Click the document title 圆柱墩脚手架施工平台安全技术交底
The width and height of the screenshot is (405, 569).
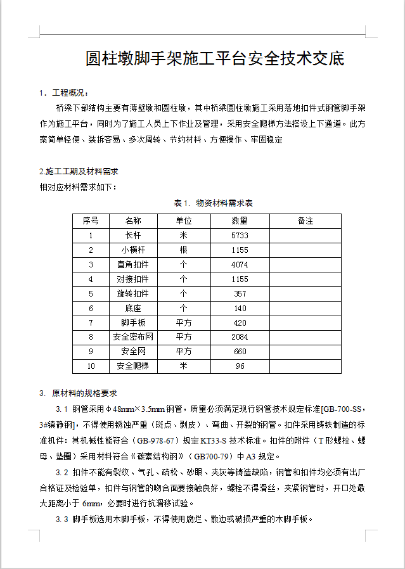215,59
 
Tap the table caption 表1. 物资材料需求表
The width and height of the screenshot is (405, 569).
214,203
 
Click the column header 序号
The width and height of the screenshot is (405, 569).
91,221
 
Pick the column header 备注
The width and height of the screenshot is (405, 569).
305,221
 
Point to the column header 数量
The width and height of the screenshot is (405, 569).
240,221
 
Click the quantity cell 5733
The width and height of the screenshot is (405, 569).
240,236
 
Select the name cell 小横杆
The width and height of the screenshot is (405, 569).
133,250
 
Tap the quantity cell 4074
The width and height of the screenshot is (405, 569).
240,265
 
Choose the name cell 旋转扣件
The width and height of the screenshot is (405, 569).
133,294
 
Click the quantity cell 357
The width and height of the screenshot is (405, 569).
240,294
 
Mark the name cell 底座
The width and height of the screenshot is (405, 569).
133,309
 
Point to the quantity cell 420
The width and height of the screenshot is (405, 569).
240,323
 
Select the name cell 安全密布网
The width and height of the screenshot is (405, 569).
133,337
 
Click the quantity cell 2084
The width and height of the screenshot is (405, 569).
240,337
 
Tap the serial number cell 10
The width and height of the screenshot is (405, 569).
91,366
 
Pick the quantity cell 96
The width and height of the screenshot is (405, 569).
240,366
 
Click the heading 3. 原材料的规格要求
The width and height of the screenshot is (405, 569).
78,393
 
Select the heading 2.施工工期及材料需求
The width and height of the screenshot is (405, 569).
79,172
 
